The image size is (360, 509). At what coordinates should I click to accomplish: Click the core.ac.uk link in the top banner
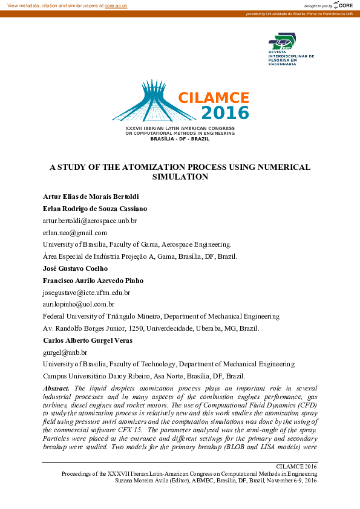tap(116, 5)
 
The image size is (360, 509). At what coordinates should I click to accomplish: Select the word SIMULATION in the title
tap(180, 177)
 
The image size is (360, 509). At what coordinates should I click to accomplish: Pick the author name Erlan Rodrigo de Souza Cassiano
tap(95, 209)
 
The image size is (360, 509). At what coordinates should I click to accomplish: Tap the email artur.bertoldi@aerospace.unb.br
tap(90, 221)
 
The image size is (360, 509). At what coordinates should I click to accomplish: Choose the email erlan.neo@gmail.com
tap(74, 233)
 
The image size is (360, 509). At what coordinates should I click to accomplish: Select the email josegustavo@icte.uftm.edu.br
tap(86, 293)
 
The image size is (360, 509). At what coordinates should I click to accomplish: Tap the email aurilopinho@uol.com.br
tap(78, 304)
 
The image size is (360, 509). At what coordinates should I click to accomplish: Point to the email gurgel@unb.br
tap(65, 352)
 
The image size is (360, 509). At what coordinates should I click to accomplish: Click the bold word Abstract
tap(56, 387)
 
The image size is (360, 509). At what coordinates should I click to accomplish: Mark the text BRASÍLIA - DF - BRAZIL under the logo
tap(180, 139)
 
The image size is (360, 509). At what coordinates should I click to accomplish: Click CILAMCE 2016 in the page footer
tap(296, 467)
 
